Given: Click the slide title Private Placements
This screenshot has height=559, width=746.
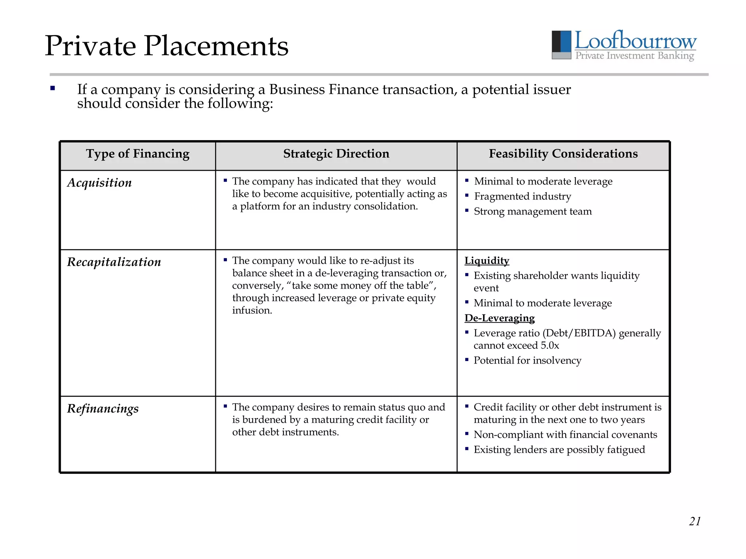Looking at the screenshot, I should pos(166,46).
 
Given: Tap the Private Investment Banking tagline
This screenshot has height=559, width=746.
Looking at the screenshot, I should pos(634,56).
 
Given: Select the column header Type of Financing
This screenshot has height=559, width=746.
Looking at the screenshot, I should pos(138,154).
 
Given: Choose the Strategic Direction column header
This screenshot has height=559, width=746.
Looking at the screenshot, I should pos(336,154).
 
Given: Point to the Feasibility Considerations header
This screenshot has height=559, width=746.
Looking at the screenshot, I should pos(563,154).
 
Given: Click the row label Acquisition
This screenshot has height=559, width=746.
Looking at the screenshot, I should pos(99,183).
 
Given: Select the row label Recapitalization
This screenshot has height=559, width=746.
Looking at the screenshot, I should pos(114,262).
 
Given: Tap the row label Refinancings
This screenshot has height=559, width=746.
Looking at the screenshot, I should pos(103,409).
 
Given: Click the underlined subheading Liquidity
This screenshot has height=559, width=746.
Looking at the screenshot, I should pos(487,261).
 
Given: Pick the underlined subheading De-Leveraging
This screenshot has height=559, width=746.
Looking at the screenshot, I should pos(499,318).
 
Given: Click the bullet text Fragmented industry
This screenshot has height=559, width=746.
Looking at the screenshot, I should pos(522,197).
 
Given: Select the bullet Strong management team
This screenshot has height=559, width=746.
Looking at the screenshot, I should pos(533,211).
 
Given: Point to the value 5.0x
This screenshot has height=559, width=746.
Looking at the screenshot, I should pos(549,345).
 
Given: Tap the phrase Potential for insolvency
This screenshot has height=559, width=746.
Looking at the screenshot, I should pos(527,360).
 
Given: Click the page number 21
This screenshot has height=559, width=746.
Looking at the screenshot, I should pos(694,521).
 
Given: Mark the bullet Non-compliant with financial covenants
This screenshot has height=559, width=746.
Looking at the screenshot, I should pos(565,435).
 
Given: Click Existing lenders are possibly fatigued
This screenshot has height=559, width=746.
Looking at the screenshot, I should pos(559,449).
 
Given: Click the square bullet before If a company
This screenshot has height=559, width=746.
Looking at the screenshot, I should pos(53,88).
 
